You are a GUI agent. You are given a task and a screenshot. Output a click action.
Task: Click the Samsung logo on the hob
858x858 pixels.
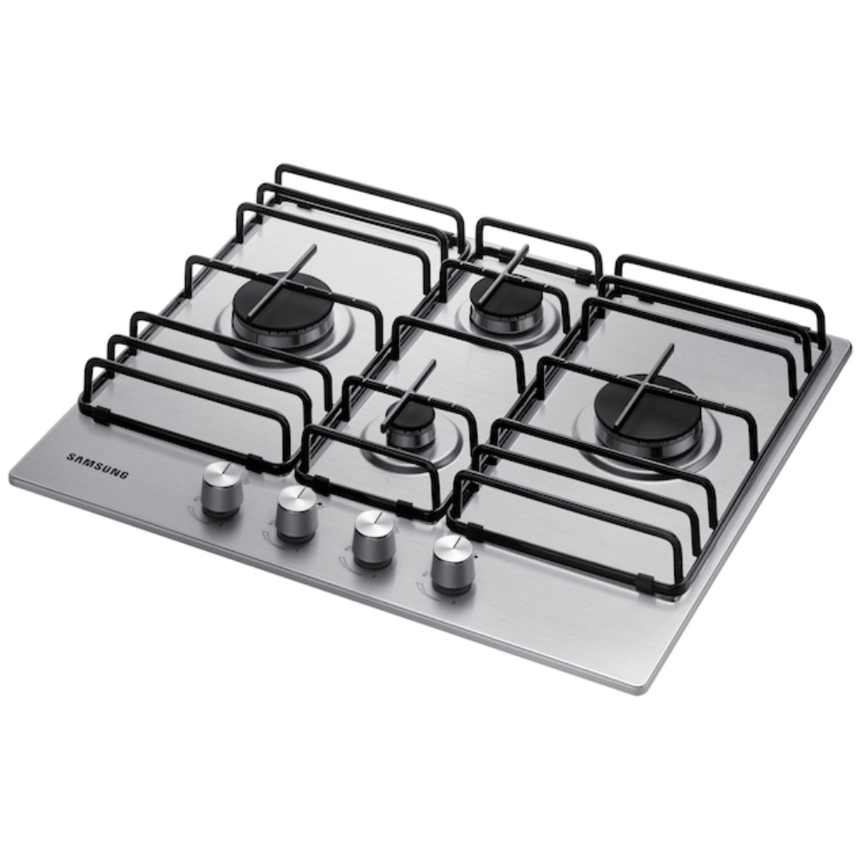(98, 466)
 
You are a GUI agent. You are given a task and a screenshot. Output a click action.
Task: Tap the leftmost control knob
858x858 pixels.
(222, 487)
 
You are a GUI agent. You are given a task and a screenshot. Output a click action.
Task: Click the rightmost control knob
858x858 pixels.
(452, 565)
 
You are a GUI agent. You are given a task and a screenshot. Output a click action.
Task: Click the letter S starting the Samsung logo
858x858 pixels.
(70, 456)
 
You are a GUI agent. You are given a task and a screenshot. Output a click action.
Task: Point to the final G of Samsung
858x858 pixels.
(124, 474)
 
